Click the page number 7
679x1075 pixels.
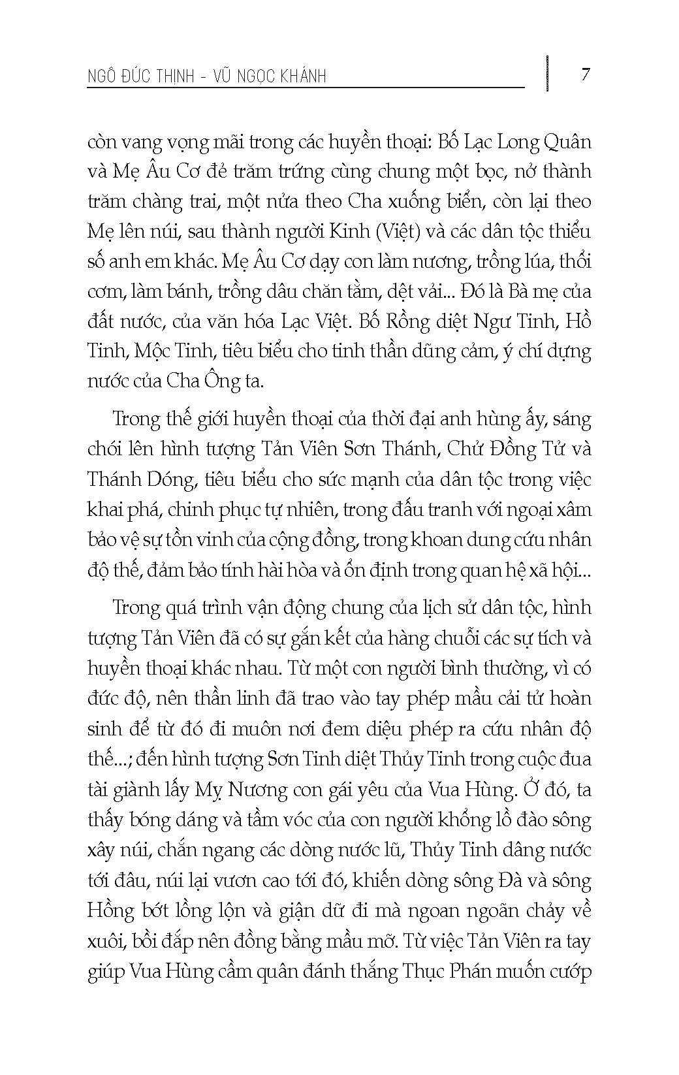click(586, 74)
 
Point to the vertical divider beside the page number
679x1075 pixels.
click(547, 73)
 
